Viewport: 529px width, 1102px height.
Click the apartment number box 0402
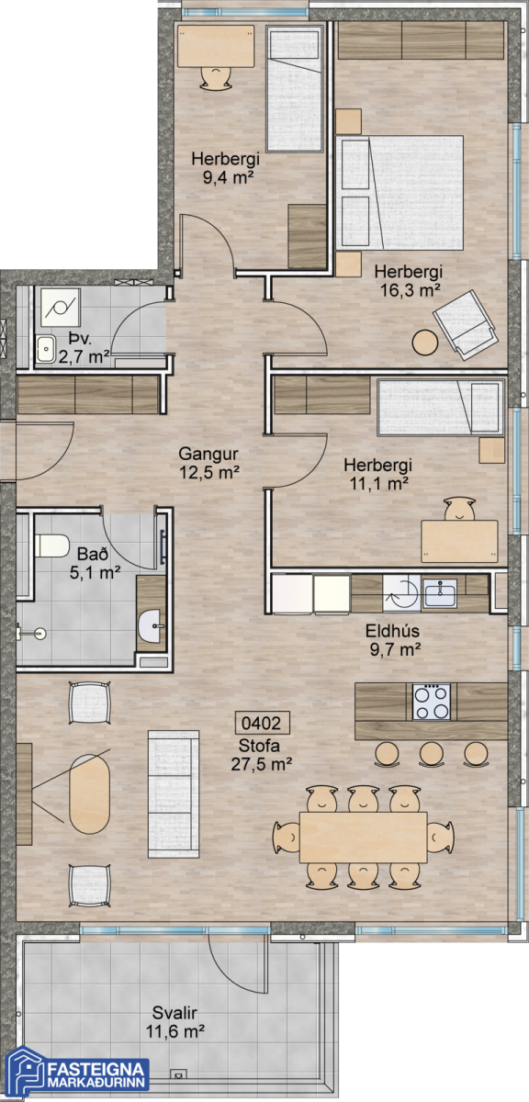(x=262, y=723)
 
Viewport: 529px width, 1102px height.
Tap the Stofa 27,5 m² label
(x=261, y=755)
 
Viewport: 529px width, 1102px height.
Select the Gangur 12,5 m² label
(x=208, y=463)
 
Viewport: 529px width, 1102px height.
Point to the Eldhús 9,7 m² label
(x=394, y=640)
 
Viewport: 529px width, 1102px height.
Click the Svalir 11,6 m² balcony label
(x=174, y=1022)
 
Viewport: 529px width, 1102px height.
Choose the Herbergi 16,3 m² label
(x=409, y=280)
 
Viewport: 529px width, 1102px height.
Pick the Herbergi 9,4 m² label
(x=225, y=168)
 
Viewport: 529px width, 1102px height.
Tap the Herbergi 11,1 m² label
(x=378, y=474)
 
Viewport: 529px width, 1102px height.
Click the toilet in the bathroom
(x=51, y=545)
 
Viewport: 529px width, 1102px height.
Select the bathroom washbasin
(x=152, y=625)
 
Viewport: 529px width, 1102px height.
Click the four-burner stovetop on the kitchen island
(x=431, y=702)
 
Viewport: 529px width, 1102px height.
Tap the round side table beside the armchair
(x=424, y=343)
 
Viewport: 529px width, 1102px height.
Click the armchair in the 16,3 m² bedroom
(x=465, y=325)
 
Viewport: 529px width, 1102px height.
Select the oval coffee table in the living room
(x=89, y=793)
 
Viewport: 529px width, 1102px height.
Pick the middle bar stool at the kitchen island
(x=431, y=754)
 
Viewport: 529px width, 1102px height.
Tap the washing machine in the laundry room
(x=60, y=308)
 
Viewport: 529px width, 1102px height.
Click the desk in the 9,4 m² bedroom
(x=216, y=46)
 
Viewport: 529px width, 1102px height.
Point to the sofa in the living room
(x=174, y=794)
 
